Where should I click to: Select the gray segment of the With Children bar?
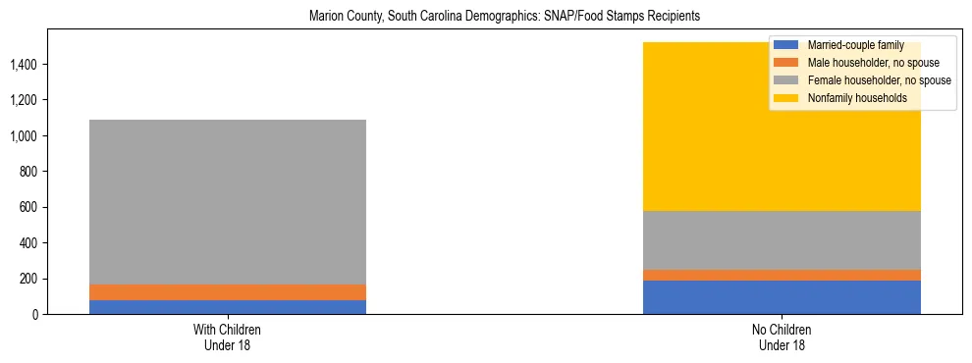coord(227,201)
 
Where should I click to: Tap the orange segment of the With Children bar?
coord(227,292)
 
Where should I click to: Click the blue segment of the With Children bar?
coord(227,307)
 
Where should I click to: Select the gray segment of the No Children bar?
coord(782,239)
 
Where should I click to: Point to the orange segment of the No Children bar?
coord(782,275)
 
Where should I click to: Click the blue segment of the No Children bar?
coord(782,297)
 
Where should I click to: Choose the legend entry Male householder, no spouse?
coord(864,63)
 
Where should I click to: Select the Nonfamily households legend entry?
coord(850,98)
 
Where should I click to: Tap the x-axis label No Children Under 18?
coord(782,337)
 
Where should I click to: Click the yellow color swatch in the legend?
coord(786,98)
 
